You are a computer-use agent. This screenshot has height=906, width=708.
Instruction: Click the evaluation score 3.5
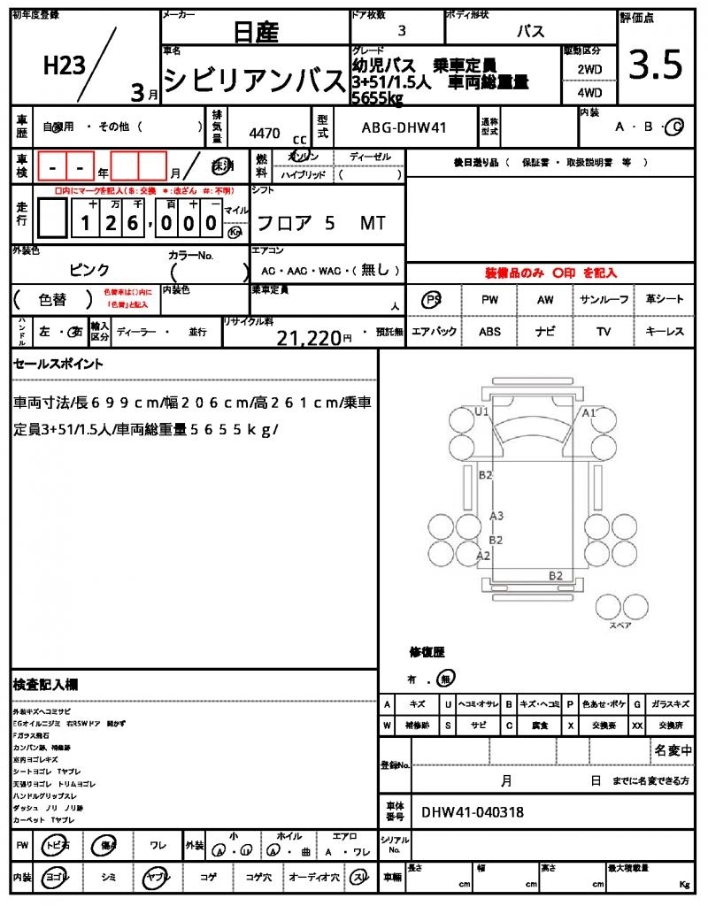[x=655, y=65]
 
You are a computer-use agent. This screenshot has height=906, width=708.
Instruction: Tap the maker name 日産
[x=256, y=34]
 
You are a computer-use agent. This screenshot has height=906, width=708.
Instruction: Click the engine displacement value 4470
[x=265, y=133]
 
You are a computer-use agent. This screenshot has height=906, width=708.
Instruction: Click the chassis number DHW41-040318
[x=473, y=811]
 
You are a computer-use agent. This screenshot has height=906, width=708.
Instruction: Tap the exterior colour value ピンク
[x=90, y=270]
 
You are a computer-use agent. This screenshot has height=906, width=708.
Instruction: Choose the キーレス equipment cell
[x=664, y=332]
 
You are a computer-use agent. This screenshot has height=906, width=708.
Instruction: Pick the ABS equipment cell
[x=489, y=332]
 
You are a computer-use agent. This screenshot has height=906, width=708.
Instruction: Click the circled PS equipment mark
[x=433, y=299]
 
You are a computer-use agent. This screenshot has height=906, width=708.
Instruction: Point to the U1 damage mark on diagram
[x=481, y=412]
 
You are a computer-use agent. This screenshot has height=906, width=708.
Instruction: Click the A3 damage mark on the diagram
[x=496, y=516]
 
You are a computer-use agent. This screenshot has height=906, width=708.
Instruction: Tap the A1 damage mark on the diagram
[x=589, y=412]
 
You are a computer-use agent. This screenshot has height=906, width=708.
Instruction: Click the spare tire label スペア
[x=619, y=625]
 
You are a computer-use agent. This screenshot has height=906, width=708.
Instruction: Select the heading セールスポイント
[x=58, y=364]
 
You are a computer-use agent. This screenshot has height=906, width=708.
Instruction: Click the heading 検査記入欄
[x=45, y=685]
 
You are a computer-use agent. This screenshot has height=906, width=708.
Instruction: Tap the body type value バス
[x=530, y=31]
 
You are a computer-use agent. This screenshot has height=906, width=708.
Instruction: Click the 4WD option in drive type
[x=589, y=92]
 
